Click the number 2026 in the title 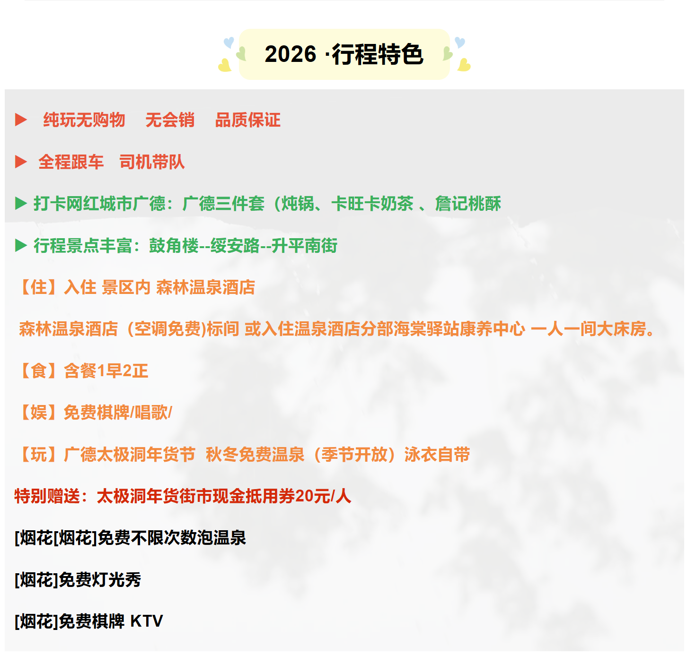(291, 54)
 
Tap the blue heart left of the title (229, 42)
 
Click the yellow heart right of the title (464, 65)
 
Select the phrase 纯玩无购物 (84, 120)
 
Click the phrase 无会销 (170, 120)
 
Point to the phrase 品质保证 (248, 120)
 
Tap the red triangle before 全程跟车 (21, 162)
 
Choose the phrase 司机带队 (152, 162)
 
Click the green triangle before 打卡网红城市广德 (21, 204)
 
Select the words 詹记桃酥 (468, 204)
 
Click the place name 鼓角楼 (174, 246)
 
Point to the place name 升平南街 (304, 246)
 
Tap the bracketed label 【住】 (38, 288)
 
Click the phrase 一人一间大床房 (589, 329)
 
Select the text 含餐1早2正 (106, 371)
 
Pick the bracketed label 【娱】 (38, 413)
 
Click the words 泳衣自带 (437, 455)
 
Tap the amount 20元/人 (323, 497)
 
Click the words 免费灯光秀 (100, 580)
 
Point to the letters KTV (147, 621)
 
